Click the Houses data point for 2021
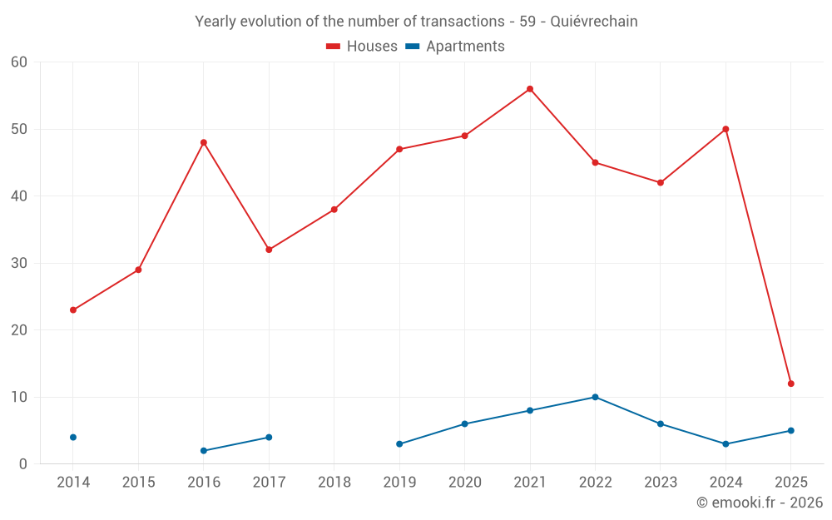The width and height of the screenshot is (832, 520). point(530,89)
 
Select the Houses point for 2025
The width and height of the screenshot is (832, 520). point(790,384)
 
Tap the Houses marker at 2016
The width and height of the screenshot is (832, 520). point(204,142)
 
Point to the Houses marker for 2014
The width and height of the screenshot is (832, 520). point(73,310)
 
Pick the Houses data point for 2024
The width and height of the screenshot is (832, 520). point(726,129)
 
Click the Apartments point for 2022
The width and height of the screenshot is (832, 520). point(595,397)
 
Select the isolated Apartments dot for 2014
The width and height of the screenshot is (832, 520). point(73,437)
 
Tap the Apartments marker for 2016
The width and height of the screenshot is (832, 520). point(204,450)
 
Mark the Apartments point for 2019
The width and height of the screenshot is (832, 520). point(399,443)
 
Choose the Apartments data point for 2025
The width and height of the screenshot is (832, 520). point(790,430)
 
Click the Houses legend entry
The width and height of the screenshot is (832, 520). point(362,47)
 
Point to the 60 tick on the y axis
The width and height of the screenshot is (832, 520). point(19,62)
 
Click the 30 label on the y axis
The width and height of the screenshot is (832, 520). point(19,263)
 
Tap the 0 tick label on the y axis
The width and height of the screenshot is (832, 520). point(23,464)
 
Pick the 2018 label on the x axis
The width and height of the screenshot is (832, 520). point(334,483)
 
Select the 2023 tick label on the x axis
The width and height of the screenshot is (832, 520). point(660,483)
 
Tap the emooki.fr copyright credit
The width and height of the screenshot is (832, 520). point(760,503)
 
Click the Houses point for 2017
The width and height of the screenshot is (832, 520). point(269,250)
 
